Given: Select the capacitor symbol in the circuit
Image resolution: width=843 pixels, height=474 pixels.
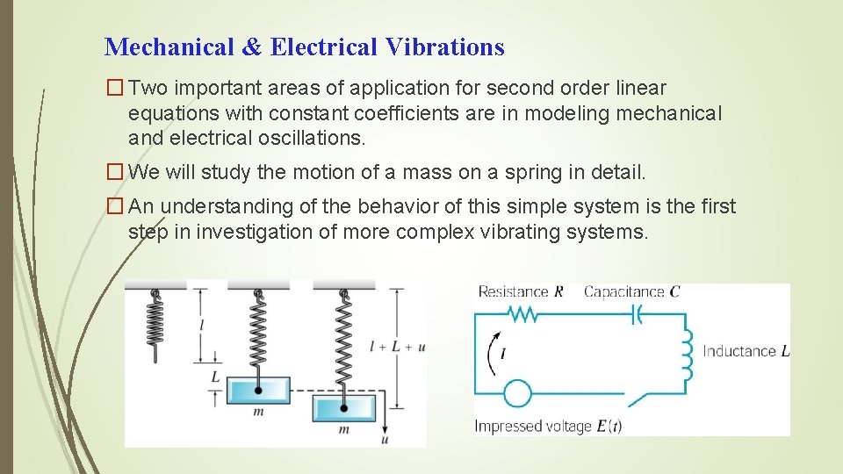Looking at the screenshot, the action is tap(637, 313).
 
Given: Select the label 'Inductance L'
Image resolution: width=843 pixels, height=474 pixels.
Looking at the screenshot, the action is tap(746, 351).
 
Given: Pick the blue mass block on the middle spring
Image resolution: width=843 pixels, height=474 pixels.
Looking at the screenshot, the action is tap(258, 390).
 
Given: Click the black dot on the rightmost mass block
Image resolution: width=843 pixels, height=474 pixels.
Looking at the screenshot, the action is tap(344, 407).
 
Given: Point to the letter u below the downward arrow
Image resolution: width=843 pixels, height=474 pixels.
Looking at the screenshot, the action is tap(385, 438).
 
